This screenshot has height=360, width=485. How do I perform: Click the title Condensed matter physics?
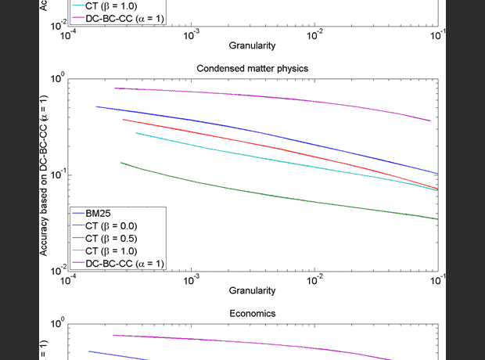tap(253, 68)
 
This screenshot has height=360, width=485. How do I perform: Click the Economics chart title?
tap(253, 313)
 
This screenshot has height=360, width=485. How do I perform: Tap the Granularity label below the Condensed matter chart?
tap(253, 290)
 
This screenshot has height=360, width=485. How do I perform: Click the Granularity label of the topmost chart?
tap(253, 45)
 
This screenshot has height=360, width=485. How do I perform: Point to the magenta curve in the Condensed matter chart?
tap(313, 97)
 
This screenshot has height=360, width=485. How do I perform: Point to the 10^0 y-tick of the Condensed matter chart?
tap(56, 79)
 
